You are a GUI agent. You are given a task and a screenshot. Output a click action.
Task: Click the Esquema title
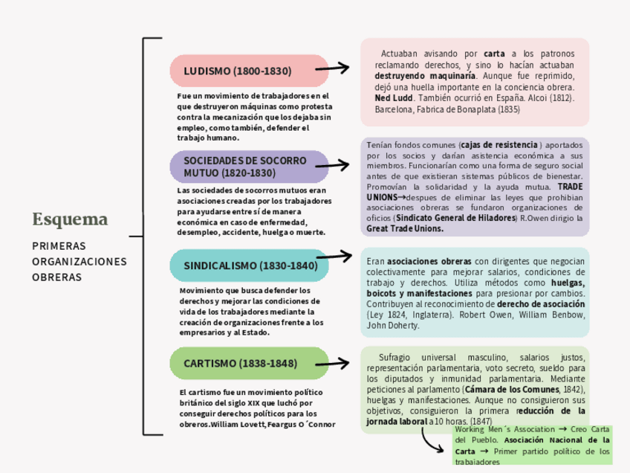[x=70, y=219]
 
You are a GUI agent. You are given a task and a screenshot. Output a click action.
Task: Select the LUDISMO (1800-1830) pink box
[x=249, y=71]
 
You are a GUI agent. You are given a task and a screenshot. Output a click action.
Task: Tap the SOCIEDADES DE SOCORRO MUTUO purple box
[x=249, y=167]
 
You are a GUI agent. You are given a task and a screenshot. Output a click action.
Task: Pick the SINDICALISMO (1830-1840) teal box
[x=249, y=266]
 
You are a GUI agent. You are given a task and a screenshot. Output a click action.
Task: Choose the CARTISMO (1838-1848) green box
[x=249, y=364]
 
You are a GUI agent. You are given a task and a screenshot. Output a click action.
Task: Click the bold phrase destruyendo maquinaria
[x=425, y=76]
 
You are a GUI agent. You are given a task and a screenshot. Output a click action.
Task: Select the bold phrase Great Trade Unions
[x=405, y=229]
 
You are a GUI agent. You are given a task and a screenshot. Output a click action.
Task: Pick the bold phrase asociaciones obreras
[x=429, y=261]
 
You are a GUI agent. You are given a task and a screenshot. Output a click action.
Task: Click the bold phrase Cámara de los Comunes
[x=511, y=389]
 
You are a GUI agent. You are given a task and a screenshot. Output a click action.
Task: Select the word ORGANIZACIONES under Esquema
[x=79, y=261]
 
